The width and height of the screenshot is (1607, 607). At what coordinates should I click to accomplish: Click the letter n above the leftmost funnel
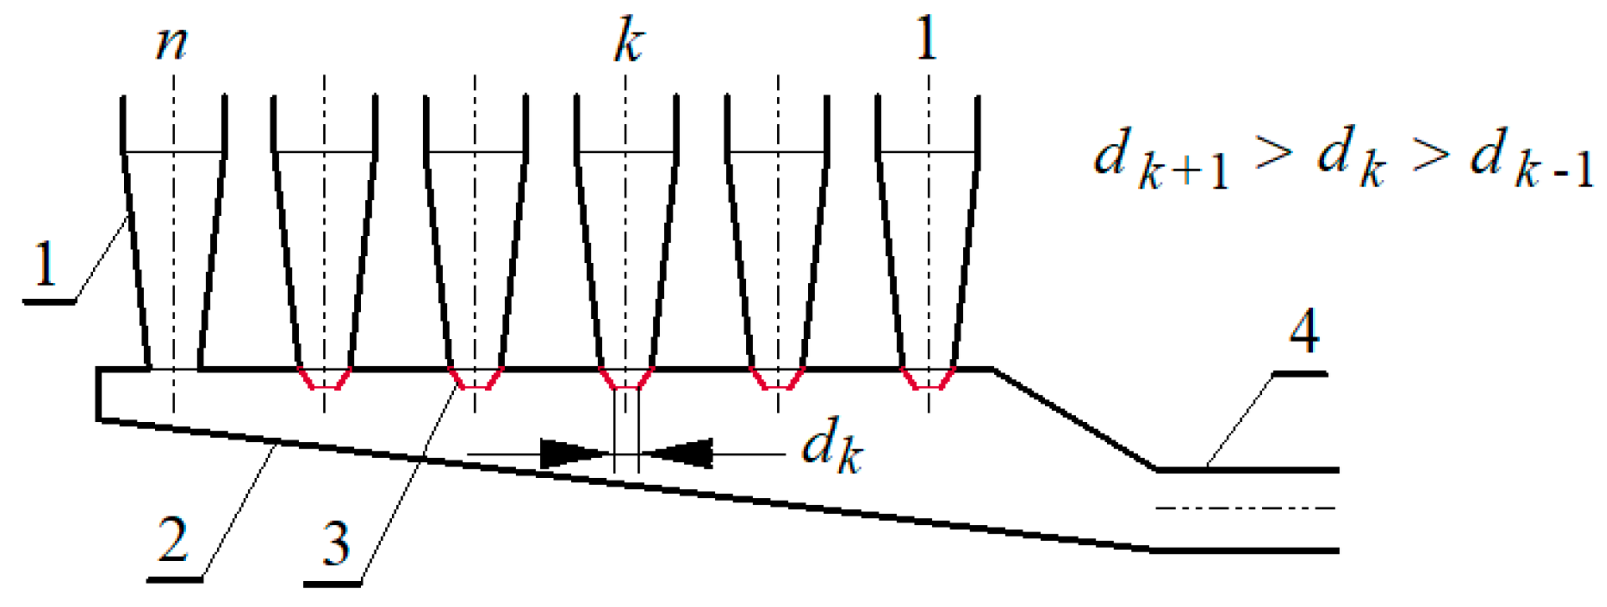tap(172, 43)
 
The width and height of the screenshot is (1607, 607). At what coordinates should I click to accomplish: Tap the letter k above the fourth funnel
tap(628, 43)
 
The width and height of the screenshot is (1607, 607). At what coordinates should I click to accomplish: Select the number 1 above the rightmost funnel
tap(926, 39)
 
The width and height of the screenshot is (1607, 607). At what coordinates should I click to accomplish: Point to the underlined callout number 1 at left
tap(46, 265)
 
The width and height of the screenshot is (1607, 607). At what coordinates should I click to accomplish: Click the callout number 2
tap(173, 541)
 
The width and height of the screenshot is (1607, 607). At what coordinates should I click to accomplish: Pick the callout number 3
tap(335, 545)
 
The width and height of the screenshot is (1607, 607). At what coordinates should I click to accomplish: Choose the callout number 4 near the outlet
tap(1303, 332)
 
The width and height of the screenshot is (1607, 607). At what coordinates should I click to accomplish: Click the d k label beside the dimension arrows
tap(831, 446)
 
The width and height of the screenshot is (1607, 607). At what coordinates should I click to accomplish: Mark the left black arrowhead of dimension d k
tap(574, 454)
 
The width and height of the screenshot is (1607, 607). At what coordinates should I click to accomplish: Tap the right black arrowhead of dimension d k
tap(680, 454)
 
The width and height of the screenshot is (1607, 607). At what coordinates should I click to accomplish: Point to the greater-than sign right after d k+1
tap(1273, 152)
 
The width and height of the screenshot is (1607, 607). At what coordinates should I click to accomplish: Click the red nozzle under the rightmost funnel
tap(928, 378)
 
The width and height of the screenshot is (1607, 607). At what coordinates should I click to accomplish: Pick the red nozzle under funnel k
tap(627, 378)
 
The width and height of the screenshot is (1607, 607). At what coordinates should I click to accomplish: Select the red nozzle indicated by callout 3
tap(476, 378)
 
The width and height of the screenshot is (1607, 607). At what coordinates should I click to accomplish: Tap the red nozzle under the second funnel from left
tap(324, 378)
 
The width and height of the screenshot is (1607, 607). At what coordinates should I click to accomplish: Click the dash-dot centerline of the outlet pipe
tap(1245, 507)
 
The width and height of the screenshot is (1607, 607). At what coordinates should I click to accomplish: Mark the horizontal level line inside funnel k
tap(626, 152)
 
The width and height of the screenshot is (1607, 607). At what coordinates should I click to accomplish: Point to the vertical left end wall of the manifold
tap(99, 394)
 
